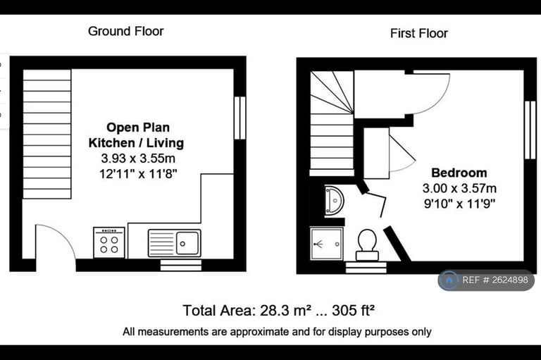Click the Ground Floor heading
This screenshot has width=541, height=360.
tap(126, 32)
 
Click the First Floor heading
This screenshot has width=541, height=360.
tap(419, 34)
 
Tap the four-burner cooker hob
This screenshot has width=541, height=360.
tap(109, 242)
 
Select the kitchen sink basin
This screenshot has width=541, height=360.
tap(187, 243)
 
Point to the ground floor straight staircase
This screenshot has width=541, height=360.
tap(47, 135)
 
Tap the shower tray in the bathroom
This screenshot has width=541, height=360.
tap(326, 244)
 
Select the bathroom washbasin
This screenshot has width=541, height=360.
tap(334, 201)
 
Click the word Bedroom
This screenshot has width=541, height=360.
tap(459, 173)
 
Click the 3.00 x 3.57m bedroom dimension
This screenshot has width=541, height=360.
tap(459, 189)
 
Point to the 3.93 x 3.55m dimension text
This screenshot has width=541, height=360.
tap(138, 159)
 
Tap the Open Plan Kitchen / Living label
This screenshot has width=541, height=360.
tap(136, 135)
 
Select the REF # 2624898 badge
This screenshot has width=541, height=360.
tap(486, 280)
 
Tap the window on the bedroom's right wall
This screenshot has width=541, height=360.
tap(530, 130)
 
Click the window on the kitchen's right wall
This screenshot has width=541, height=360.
tap(240, 118)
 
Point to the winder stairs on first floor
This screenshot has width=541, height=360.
tap(332, 123)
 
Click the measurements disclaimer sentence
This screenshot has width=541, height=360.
tap(277, 332)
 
